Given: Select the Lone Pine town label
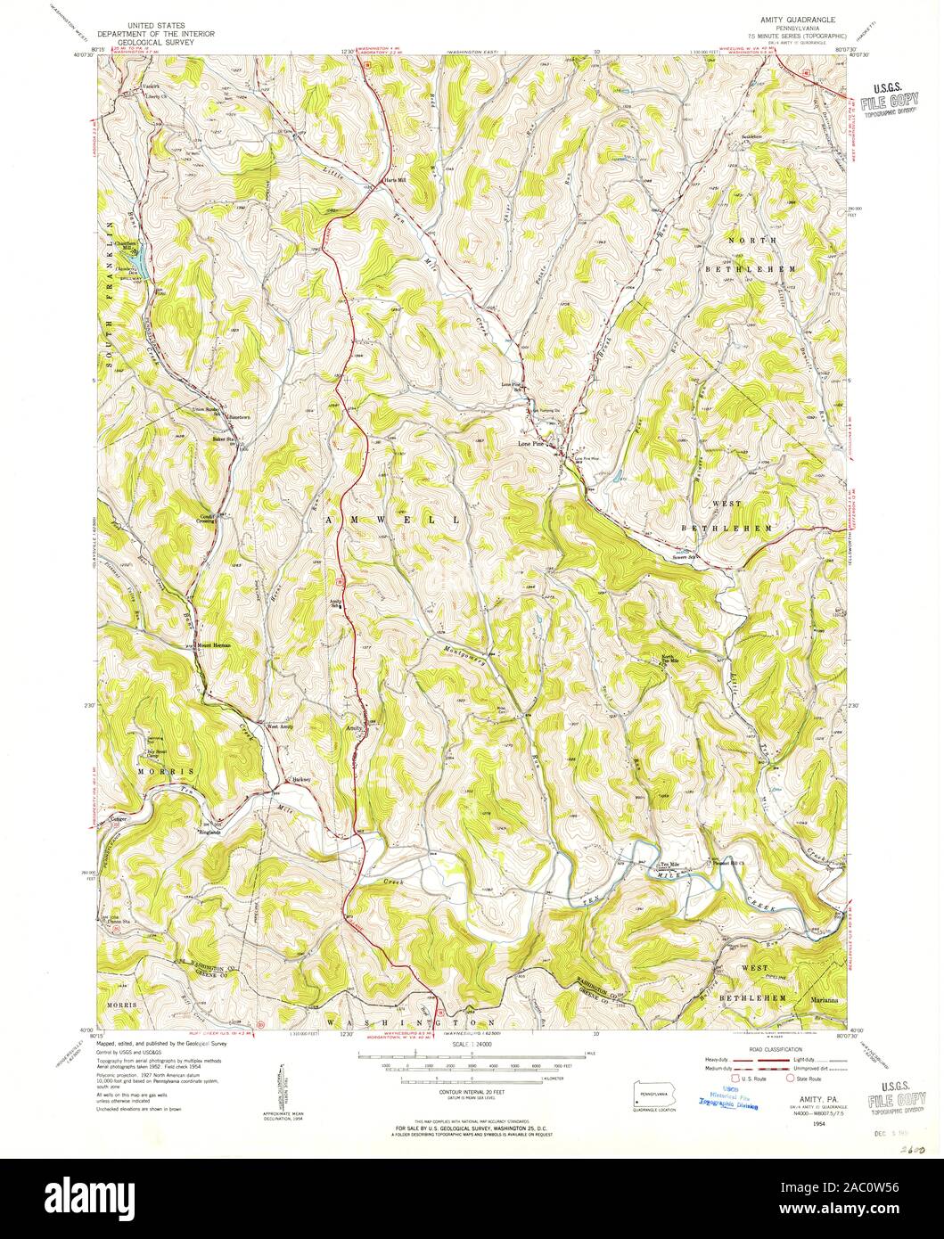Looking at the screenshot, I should (532, 441).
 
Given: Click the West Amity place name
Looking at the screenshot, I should (280, 726).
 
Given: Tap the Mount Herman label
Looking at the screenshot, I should (214, 644).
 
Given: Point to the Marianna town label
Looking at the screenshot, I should (824, 999).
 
